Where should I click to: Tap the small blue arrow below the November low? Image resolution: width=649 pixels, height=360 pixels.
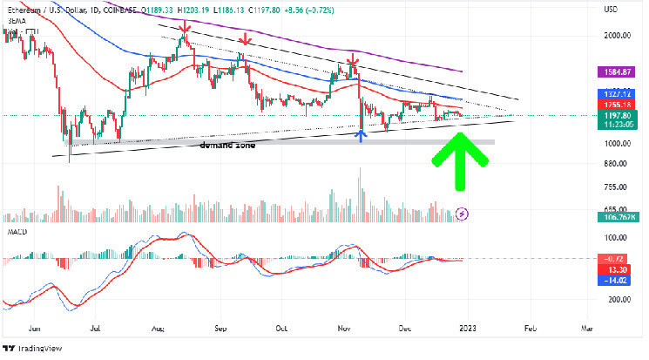[361, 134]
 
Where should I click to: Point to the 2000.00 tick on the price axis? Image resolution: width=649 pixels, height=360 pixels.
[615, 36]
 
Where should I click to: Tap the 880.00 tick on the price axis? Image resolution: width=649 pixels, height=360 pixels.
[615, 164]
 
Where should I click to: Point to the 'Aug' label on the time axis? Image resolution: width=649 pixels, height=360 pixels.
[158, 329]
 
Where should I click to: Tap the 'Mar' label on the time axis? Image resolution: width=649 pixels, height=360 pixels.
[585, 329]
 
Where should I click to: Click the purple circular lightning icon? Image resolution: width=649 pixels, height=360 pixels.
[463, 213]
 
